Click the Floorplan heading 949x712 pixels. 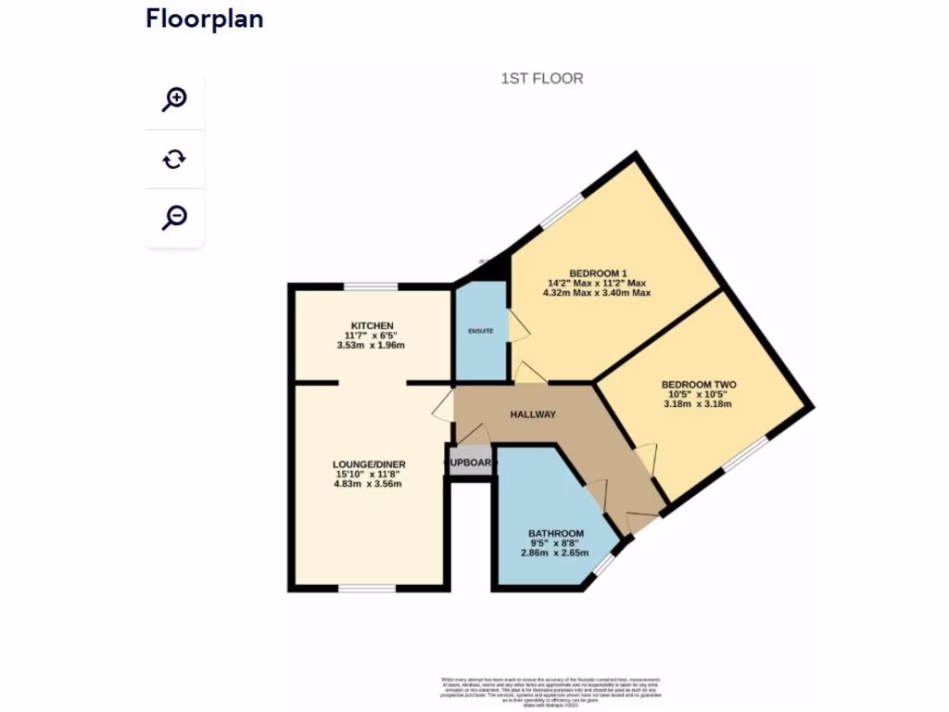pyautogui.click(x=204, y=19)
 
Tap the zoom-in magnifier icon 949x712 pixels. pyautogui.click(x=174, y=99)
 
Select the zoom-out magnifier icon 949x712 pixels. pyautogui.click(x=174, y=217)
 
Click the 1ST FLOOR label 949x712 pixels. pyautogui.click(x=542, y=79)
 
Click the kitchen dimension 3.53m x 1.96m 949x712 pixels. pyautogui.click(x=371, y=345)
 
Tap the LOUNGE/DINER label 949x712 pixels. pyautogui.click(x=370, y=464)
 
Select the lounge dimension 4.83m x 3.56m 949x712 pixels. pyautogui.click(x=370, y=484)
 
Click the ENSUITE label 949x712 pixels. pyautogui.click(x=481, y=331)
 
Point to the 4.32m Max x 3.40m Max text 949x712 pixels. pyautogui.click(x=596, y=293)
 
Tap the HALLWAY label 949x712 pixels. pyautogui.click(x=533, y=415)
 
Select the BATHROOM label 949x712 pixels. pyautogui.click(x=556, y=534)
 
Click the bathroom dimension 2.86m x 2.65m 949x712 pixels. pyautogui.click(x=556, y=553)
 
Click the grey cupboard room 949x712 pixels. pyautogui.click(x=471, y=462)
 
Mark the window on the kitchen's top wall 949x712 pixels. pyautogui.click(x=372, y=286)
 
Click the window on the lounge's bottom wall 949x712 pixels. pyautogui.click(x=366, y=588)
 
